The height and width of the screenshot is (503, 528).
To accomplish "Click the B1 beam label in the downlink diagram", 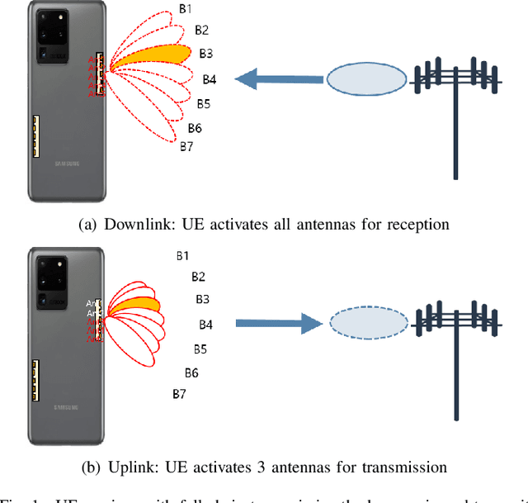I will (186, 10).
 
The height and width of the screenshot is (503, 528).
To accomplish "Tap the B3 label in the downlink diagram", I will (205, 54).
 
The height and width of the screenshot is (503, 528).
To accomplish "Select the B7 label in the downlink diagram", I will (186, 146).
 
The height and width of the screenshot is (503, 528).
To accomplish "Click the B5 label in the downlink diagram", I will (203, 104).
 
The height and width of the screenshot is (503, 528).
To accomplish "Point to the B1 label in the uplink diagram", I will (182, 256).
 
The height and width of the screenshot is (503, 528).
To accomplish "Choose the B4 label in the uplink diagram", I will (205, 325).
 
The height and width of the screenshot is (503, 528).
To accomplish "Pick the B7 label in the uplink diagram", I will (179, 394).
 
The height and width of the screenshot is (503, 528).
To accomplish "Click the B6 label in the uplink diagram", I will (191, 373).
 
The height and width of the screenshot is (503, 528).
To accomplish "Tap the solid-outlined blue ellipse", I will (366, 78).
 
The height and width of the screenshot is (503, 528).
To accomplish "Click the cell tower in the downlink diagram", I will (455, 99).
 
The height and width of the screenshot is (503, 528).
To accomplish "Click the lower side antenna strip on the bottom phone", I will (35, 379).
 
